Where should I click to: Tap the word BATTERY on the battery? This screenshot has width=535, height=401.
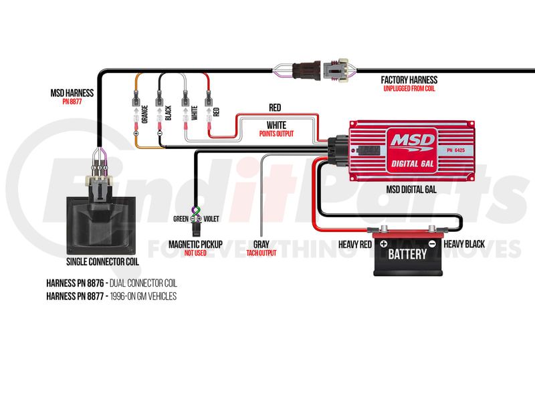(x=407, y=255)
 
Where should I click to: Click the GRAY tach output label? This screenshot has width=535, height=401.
(x=261, y=245)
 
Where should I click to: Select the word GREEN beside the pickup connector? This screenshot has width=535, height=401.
(x=181, y=218)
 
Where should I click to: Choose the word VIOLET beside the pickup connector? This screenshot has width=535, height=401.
(x=211, y=218)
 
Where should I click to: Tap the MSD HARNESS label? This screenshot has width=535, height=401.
(x=72, y=93)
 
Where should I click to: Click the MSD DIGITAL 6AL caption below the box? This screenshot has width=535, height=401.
(x=411, y=189)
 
